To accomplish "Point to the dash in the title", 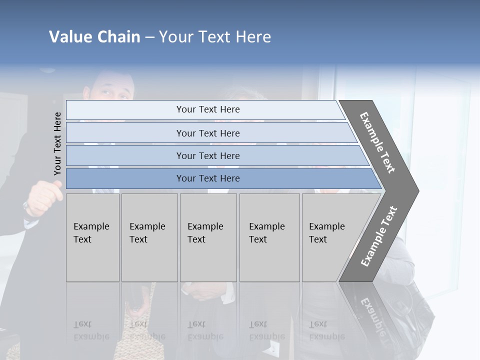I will [149, 37].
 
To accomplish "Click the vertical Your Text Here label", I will [57, 143].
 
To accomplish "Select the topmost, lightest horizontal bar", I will [205, 109].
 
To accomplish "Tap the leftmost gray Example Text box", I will [92, 237].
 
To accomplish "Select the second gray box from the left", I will [149, 237].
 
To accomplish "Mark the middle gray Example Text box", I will [208, 237].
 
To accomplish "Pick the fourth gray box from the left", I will [269, 237].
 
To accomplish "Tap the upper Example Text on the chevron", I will [377, 142].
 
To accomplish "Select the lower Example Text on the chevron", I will [379, 236].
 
